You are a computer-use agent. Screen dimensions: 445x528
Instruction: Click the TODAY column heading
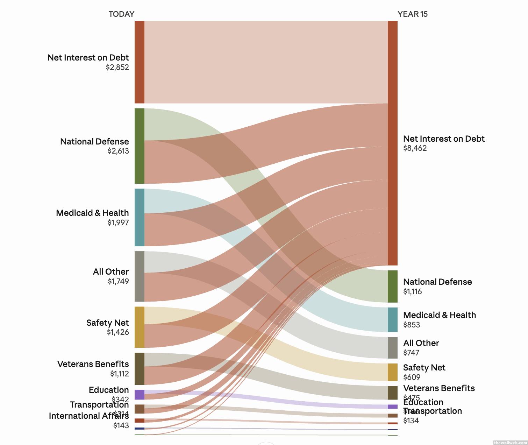121,14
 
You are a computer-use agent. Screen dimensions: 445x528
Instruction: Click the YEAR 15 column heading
412,14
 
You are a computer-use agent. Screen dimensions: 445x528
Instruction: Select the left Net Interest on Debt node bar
140,62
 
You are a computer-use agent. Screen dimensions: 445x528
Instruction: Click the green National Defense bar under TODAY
140,146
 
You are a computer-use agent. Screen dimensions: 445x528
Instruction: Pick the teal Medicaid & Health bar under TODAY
140,217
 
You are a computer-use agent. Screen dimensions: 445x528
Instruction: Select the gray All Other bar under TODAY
140,276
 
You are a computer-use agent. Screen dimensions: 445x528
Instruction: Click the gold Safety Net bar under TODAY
140,327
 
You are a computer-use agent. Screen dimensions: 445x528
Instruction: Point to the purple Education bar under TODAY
140,395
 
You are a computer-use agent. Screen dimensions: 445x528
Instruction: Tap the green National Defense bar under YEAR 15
392,286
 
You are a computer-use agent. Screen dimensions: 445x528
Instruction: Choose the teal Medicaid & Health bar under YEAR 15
392,320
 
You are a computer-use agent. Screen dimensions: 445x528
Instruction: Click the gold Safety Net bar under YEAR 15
392,372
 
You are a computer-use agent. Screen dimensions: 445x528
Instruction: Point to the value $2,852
117,67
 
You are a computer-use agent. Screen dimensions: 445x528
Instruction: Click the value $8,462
415,148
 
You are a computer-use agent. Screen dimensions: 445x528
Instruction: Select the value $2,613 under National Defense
118,151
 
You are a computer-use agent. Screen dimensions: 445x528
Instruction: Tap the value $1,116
412,291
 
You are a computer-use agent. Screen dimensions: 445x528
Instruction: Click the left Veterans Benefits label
93,364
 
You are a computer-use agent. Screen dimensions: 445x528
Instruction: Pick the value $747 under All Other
411,353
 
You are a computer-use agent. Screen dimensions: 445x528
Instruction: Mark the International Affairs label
88,416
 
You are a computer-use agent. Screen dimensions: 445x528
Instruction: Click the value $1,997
118,222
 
